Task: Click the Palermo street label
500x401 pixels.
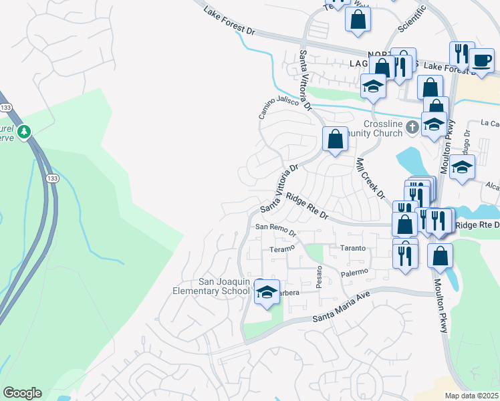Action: (354, 272)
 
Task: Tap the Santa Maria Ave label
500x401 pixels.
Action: (341, 311)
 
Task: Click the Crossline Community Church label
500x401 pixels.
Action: (383, 128)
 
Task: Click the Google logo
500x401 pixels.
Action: (22, 393)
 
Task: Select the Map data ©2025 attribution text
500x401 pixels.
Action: (472, 396)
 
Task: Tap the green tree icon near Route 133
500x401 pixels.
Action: (24, 132)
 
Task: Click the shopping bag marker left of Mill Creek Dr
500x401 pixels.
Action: (335, 140)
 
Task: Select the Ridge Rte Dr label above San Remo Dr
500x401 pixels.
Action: (307, 206)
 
